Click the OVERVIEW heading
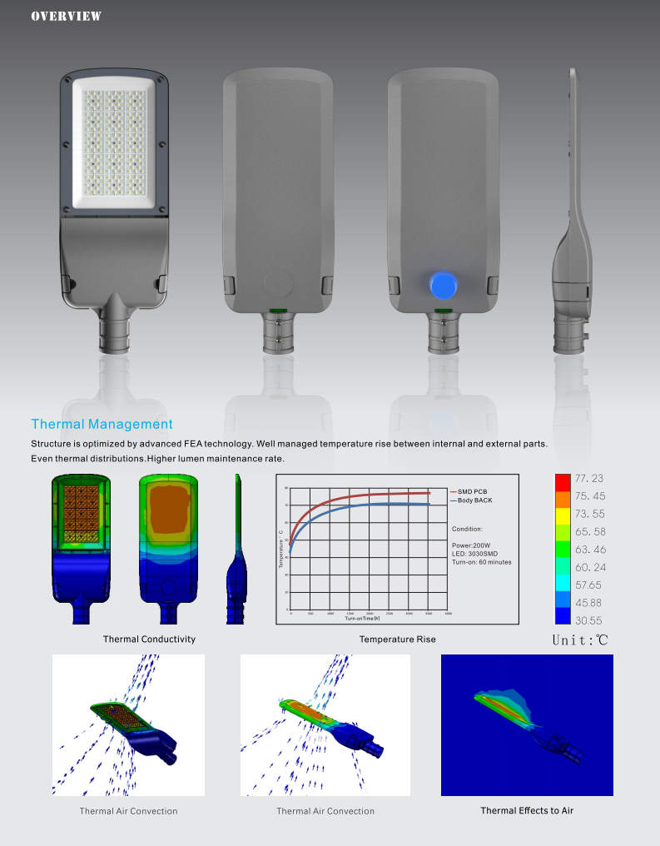pos(66,16)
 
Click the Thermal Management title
pos(102,425)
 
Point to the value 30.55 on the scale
pos(588,620)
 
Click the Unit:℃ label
pos(581,640)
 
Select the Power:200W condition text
pos(471,545)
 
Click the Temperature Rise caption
pos(397,639)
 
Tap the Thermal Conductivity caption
pos(149,639)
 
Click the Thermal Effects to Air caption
pos(527,810)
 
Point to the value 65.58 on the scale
pos(589,531)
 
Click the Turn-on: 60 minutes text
pos(482,562)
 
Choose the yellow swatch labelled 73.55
pos(563,514)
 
